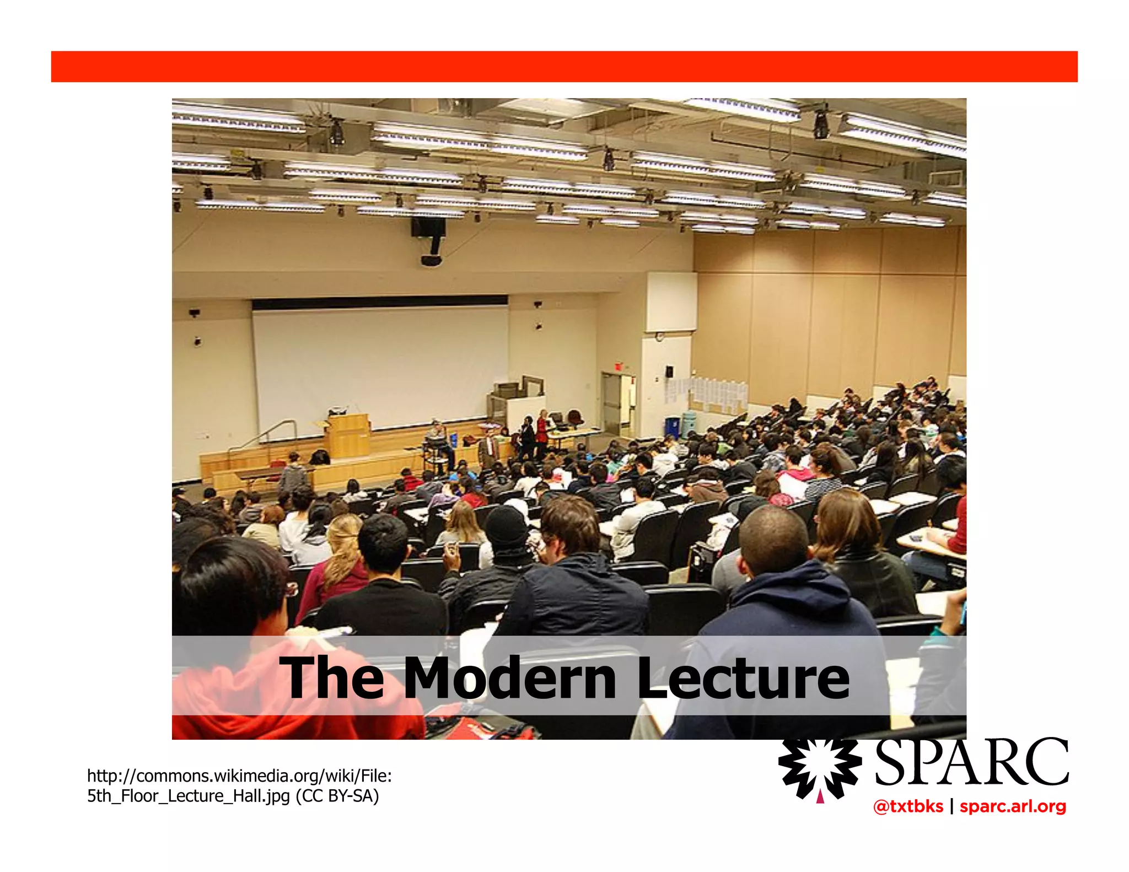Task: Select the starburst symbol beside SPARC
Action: [x=820, y=767]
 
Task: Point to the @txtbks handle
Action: [x=908, y=806]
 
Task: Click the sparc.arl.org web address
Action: [x=1013, y=806]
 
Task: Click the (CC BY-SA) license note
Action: [x=337, y=796]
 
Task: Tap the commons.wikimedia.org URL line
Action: [x=239, y=776]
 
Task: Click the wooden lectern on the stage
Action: [x=348, y=435]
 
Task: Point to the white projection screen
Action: [x=380, y=367]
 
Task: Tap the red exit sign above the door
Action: [x=618, y=366]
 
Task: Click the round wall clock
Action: [x=659, y=336]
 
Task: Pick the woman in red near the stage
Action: [x=542, y=429]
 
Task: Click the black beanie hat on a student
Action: [x=506, y=526]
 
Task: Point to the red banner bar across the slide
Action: [x=564, y=67]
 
